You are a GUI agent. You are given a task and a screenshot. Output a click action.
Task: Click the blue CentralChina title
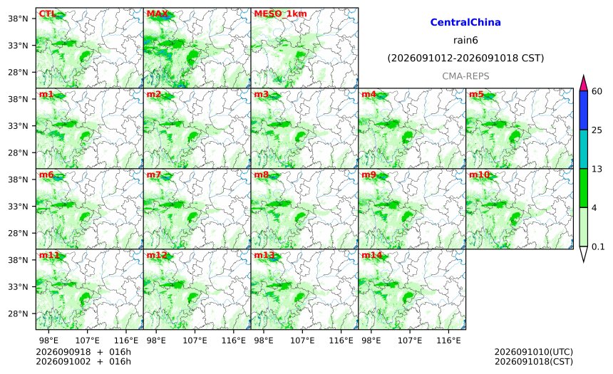tap(465, 22)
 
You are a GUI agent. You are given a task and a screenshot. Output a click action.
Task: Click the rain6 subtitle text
tap(465, 41)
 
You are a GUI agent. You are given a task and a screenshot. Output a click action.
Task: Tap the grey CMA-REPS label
tap(465, 76)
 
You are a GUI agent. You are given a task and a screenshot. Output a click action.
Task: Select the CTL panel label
tap(47, 14)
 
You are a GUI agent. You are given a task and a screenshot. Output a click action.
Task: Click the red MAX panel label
tap(157, 14)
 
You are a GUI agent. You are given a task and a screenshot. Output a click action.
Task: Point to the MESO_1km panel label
tap(280, 14)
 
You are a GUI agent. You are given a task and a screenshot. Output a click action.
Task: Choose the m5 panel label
tap(476, 94)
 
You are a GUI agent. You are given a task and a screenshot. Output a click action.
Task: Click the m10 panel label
tap(479, 175)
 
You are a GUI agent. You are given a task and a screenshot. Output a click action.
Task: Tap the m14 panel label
tap(372, 255)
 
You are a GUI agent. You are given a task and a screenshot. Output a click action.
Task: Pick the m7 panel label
tap(154, 175)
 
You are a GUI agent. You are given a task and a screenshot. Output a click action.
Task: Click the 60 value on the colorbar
tap(597, 91)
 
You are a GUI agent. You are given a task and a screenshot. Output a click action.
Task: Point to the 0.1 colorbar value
tap(598, 246)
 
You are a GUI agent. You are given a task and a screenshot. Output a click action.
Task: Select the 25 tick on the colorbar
tap(597, 130)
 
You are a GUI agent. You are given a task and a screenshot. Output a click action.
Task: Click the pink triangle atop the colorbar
tap(584, 83)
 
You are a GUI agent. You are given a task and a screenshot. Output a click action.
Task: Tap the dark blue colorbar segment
tap(584, 110)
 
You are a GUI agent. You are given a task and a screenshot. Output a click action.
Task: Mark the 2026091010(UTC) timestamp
tap(534, 352)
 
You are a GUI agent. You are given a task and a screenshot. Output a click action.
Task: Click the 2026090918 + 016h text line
tap(83, 352)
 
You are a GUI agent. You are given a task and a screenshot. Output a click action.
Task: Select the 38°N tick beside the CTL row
tap(18, 19)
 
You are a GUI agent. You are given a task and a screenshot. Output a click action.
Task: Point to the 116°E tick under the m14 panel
tap(448, 341)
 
